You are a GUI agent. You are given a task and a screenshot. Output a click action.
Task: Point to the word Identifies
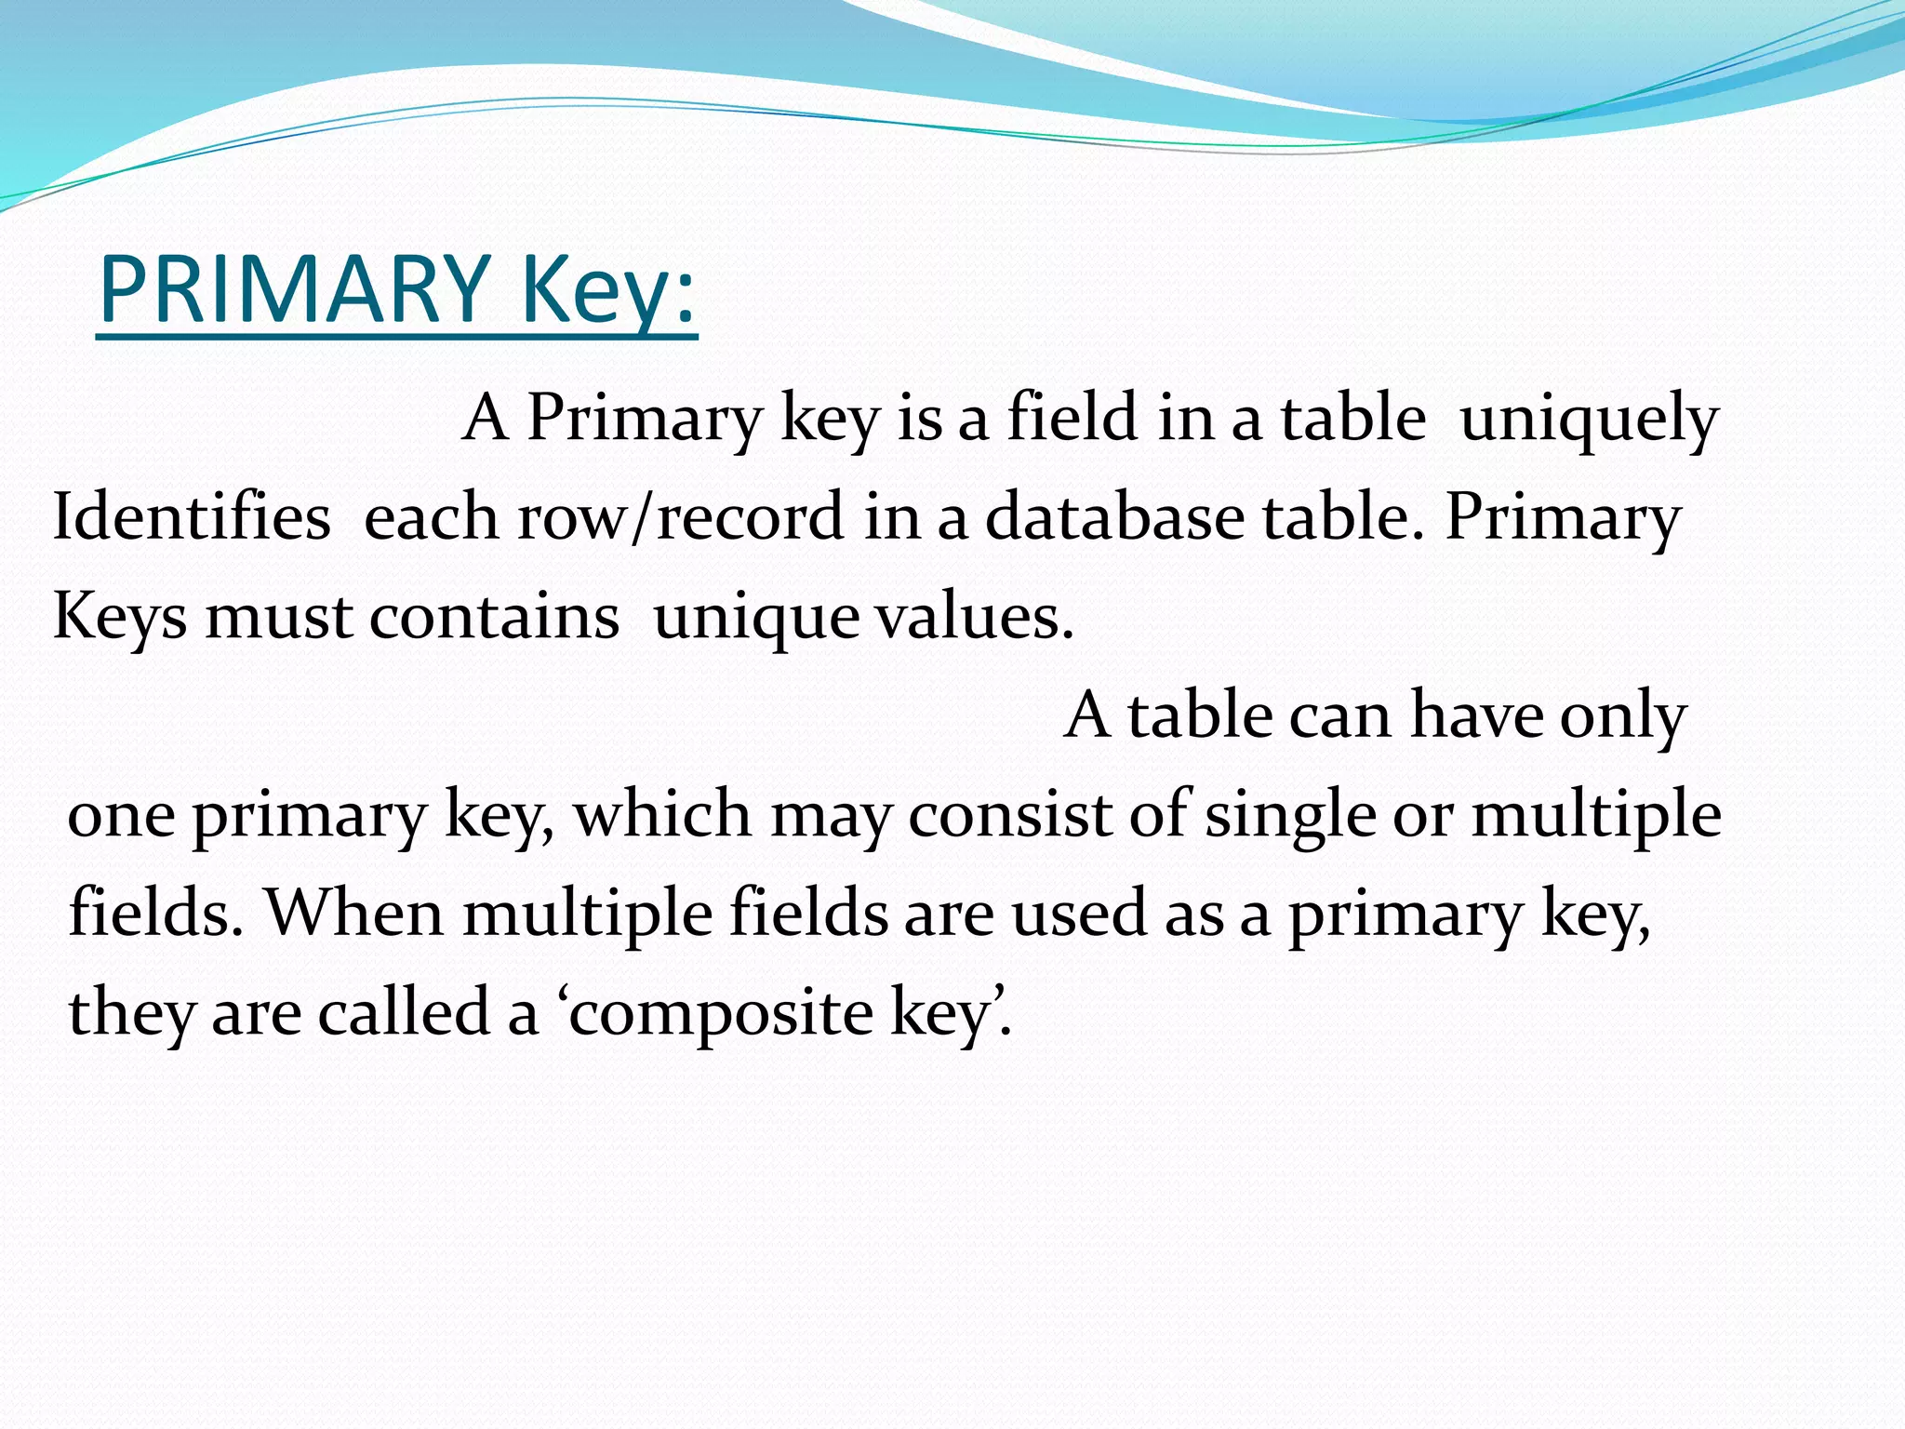192,517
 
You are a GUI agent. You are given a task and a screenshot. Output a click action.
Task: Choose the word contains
494,616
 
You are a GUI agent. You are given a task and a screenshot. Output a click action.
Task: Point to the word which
662,815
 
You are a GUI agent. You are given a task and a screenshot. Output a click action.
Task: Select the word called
404,1012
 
